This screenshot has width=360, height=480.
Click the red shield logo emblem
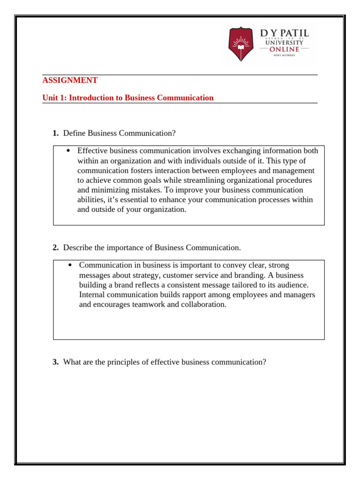[x=241, y=45]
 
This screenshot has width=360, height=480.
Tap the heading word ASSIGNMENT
[x=70, y=80]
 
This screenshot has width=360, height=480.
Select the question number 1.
[x=55, y=134]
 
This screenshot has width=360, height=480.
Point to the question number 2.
[x=55, y=247]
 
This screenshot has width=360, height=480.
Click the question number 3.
[x=55, y=362]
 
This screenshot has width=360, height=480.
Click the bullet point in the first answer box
[x=68, y=151]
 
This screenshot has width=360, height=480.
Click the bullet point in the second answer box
[x=70, y=265]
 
